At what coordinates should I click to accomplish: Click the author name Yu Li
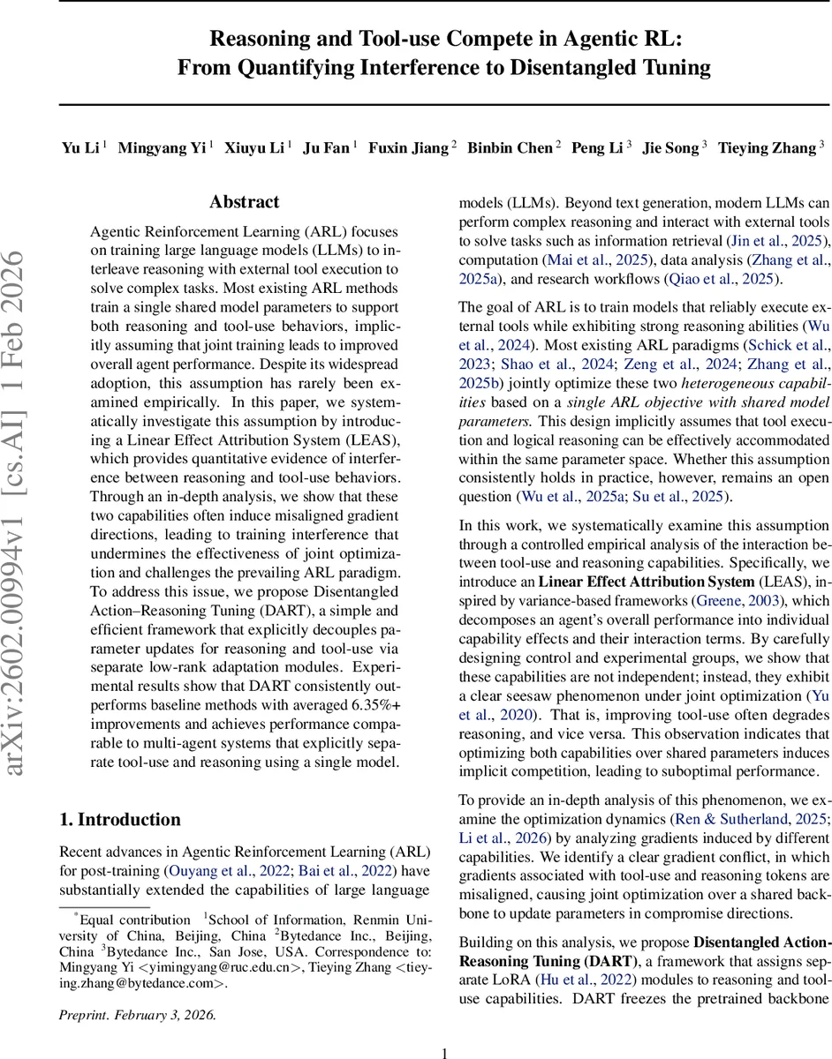[81, 148]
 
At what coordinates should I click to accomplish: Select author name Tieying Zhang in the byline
[767, 148]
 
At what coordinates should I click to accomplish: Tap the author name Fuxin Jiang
[407, 148]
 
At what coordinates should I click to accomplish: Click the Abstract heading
[245, 202]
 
